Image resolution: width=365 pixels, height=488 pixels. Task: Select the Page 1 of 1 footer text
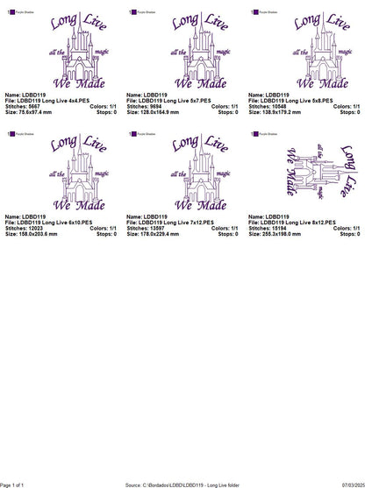tap(16, 484)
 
